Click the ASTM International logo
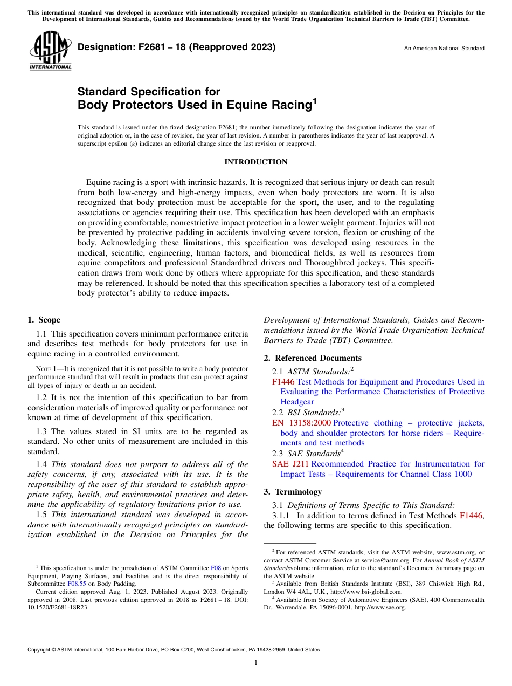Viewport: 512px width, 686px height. (50, 51)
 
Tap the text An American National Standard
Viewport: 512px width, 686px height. (444, 49)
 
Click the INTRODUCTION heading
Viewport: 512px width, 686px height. (255, 162)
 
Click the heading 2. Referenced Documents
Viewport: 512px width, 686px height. (313, 358)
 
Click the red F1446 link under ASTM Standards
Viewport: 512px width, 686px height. (283, 382)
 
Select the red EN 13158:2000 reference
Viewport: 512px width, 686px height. (301, 423)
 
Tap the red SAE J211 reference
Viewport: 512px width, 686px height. (290, 464)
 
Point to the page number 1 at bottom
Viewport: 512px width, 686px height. (256, 663)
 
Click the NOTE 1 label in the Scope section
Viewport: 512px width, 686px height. (46, 369)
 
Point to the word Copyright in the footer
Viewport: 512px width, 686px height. (39, 650)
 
